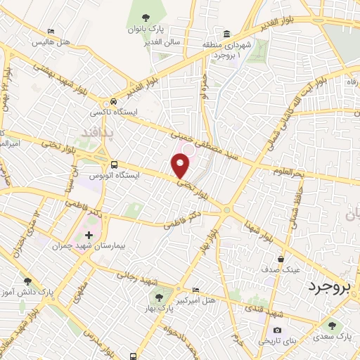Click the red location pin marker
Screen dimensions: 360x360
tap(181, 166)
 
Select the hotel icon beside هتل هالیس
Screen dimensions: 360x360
tap(51, 32)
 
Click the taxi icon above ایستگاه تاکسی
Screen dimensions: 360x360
tap(112, 101)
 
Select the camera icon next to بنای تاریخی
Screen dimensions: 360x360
tap(278, 330)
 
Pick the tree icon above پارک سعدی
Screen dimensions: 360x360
tap(332, 325)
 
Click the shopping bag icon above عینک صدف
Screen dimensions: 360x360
tap(281, 259)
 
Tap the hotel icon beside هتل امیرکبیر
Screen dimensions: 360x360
tap(195, 289)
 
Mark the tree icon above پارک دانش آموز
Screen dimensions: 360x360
tap(27, 281)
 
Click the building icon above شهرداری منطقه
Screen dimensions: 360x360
tap(226, 34)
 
